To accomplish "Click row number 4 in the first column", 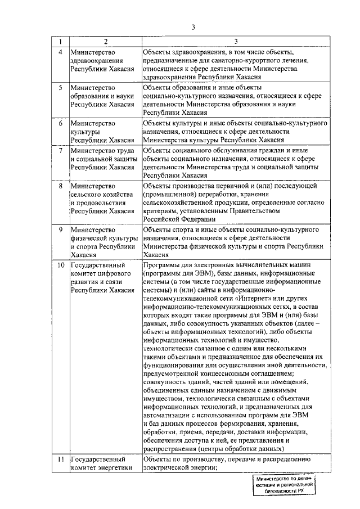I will pyautogui.click(x=60, y=53).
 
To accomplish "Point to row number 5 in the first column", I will pyautogui.click(x=60, y=87).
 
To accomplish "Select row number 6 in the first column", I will pyautogui.click(x=60, y=122).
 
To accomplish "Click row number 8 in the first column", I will pyautogui.click(x=60, y=185).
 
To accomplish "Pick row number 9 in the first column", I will pyautogui.click(x=60, y=229).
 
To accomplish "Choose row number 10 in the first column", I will pyautogui.click(x=61, y=264).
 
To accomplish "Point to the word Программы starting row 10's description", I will pyautogui.click(x=162, y=264).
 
